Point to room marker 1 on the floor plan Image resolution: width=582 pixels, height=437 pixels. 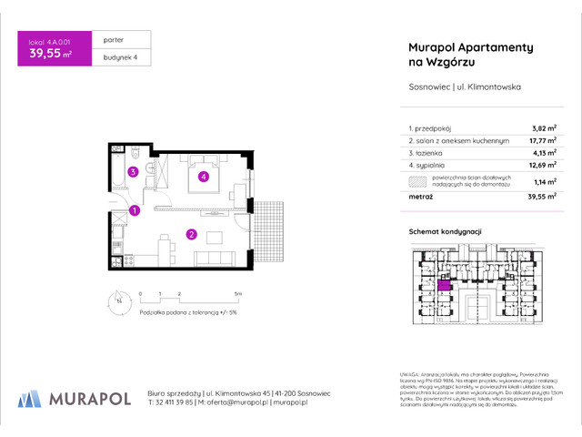click(x=135, y=211)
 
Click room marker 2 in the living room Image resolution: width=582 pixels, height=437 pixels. click(x=192, y=234)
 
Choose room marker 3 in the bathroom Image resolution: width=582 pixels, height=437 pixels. click(x=133, y=171)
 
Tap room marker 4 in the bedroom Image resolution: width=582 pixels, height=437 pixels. click(x=204, y=177)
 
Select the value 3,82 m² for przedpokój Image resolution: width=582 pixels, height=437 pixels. click(x=518, y=130)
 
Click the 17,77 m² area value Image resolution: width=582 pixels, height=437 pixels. click(x=517, y=142)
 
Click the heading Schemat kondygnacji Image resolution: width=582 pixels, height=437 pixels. click(x=445, y=233)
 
